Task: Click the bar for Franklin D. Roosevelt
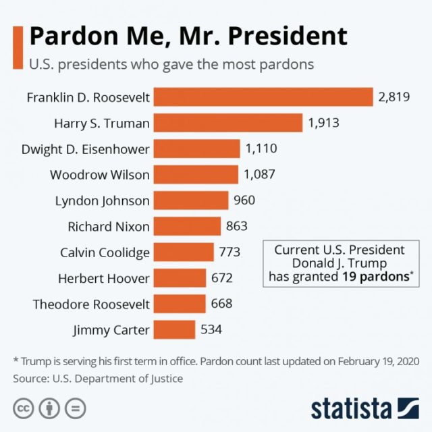(263, 97)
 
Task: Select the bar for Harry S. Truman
(228, 123)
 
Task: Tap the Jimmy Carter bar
(175, 330)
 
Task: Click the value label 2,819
(394, 97)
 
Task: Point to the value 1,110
(261, 148)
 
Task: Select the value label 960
(244, 200)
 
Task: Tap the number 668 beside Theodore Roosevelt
(221, 304)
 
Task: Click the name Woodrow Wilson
(100, 175)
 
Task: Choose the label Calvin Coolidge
(105, 252)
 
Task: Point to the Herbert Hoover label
(104, 278)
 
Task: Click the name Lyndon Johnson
(103, 200)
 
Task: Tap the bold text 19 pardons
(375, 275)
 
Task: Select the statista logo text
(350, 408)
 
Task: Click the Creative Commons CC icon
(24, 408)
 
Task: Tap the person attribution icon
(50, 408)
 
